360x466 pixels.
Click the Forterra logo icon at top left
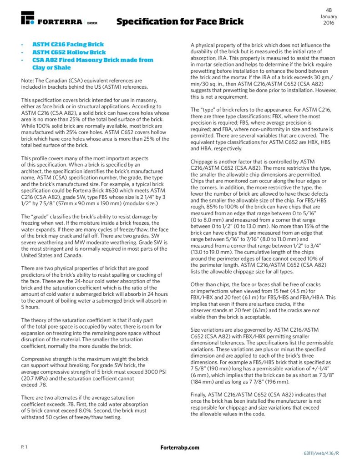click(x=28, y=18)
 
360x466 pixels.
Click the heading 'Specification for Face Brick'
click(x=180, y=21)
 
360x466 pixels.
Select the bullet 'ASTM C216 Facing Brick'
click(x=68, y=45)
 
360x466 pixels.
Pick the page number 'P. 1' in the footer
click(x=25, y=448)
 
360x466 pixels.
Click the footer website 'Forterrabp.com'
click(x=180, y=448)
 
